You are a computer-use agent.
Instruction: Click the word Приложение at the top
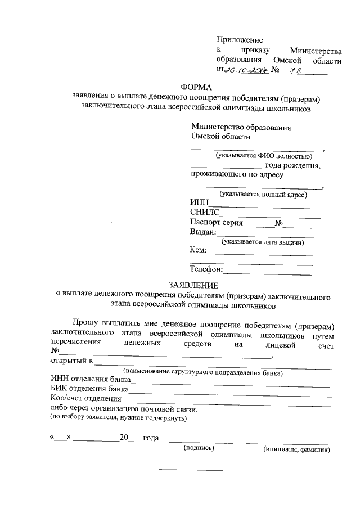pos(240,39)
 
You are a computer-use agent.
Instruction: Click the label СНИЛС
pos(205,213)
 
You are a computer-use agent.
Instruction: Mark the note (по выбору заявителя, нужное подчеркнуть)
pos(118,418)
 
